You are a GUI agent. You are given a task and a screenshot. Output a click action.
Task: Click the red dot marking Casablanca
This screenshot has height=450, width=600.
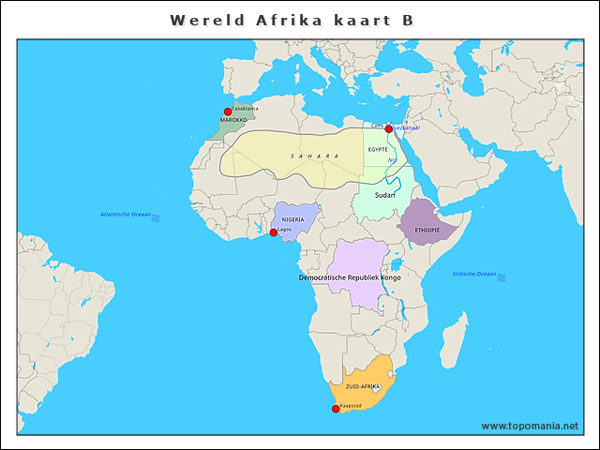[x=227, y=112]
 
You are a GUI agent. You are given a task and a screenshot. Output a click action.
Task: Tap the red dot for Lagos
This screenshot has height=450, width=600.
[x=273, y=232]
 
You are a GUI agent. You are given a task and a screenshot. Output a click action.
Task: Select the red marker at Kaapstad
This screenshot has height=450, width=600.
[x=336, y=408]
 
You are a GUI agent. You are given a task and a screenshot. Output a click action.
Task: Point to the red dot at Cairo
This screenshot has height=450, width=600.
[x=388, y=129]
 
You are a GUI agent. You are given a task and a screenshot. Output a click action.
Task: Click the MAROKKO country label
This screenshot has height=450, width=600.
[x=233, y=121]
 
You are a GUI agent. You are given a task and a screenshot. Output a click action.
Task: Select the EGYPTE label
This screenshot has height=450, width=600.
[x=378, y=149]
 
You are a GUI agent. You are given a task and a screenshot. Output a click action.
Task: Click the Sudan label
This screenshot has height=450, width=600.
[x=384, y=195]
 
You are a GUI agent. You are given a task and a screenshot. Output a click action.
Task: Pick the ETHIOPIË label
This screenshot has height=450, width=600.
[x=427, y=230]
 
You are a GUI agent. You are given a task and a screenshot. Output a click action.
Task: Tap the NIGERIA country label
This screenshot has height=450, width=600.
[x=293, y=219]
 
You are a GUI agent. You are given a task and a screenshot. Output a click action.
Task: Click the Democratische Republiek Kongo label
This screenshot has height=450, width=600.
[x=349, y=278]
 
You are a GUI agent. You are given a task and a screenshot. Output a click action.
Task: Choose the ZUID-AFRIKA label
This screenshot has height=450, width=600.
[x=363, y=386]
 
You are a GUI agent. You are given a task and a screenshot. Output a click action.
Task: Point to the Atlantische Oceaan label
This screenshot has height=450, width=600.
[x=126, y=215]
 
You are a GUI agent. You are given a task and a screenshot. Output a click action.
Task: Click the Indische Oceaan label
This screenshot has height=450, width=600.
[x=473, y=274]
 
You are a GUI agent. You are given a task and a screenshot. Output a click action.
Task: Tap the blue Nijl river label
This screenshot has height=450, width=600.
[x=392, y=160]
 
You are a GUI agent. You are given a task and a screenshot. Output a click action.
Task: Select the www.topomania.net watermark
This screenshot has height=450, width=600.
[x=531, y=426]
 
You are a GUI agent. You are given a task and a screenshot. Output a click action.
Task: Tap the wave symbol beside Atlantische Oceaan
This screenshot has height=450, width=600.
[x=156, y=217]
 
